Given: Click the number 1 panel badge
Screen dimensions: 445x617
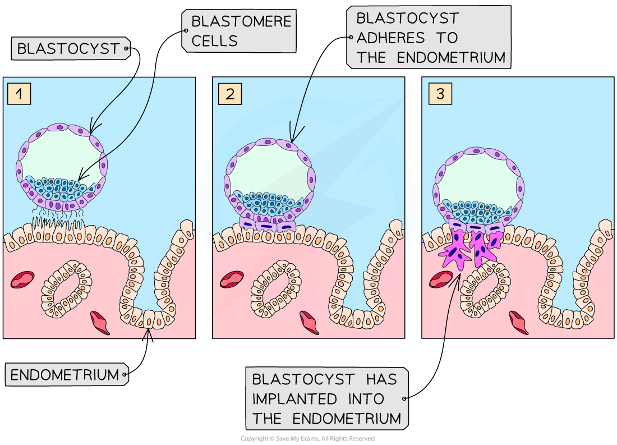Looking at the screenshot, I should click(x=19, y=94).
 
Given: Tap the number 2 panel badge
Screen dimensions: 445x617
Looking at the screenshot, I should click(x=229, y=94).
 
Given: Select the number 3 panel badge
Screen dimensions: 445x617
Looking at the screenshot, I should click(x=440, y=94).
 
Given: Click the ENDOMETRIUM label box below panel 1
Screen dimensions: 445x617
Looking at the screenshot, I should click(x=66, y=374).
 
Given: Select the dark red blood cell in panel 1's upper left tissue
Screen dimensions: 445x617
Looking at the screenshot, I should click(x=22, y=279).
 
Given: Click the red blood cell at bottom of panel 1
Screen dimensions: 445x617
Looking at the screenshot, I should click(x=100, y=322).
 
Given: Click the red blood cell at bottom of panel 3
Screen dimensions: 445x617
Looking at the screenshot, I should click(x=519, y=323).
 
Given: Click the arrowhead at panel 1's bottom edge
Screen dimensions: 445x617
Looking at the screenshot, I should click(x=148, y=333).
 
